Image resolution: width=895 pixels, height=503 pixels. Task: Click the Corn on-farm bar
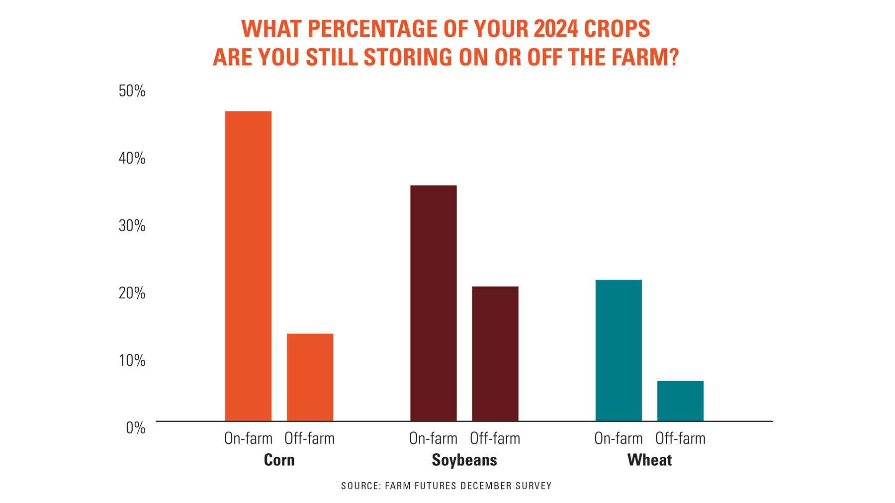(248, 266)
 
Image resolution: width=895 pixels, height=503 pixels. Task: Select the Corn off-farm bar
(310, 377)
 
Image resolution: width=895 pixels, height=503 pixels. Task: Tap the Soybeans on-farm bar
(433, 303)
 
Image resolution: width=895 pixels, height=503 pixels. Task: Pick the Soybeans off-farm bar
(495, 353)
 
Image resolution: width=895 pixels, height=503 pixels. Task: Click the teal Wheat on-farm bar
(618, 350)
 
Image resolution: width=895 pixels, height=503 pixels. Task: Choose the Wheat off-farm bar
(680, 401)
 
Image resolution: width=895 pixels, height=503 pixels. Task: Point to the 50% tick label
(132, 91)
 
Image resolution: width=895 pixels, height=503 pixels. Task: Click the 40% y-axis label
(132, 159)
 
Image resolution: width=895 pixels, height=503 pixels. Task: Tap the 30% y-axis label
(132, 226)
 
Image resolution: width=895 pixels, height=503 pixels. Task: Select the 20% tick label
(132, 293)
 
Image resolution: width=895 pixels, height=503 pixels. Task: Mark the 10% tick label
(132, 360)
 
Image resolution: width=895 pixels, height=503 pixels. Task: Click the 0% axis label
(135, 427)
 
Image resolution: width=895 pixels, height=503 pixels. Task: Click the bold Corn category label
(279, 460)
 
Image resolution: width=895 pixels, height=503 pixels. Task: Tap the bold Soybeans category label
(464, 460)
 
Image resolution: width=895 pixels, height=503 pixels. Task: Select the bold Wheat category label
(649, 460)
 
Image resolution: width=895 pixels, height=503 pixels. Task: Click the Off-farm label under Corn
(309, 438)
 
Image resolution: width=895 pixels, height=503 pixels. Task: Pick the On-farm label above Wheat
(618, 438)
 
